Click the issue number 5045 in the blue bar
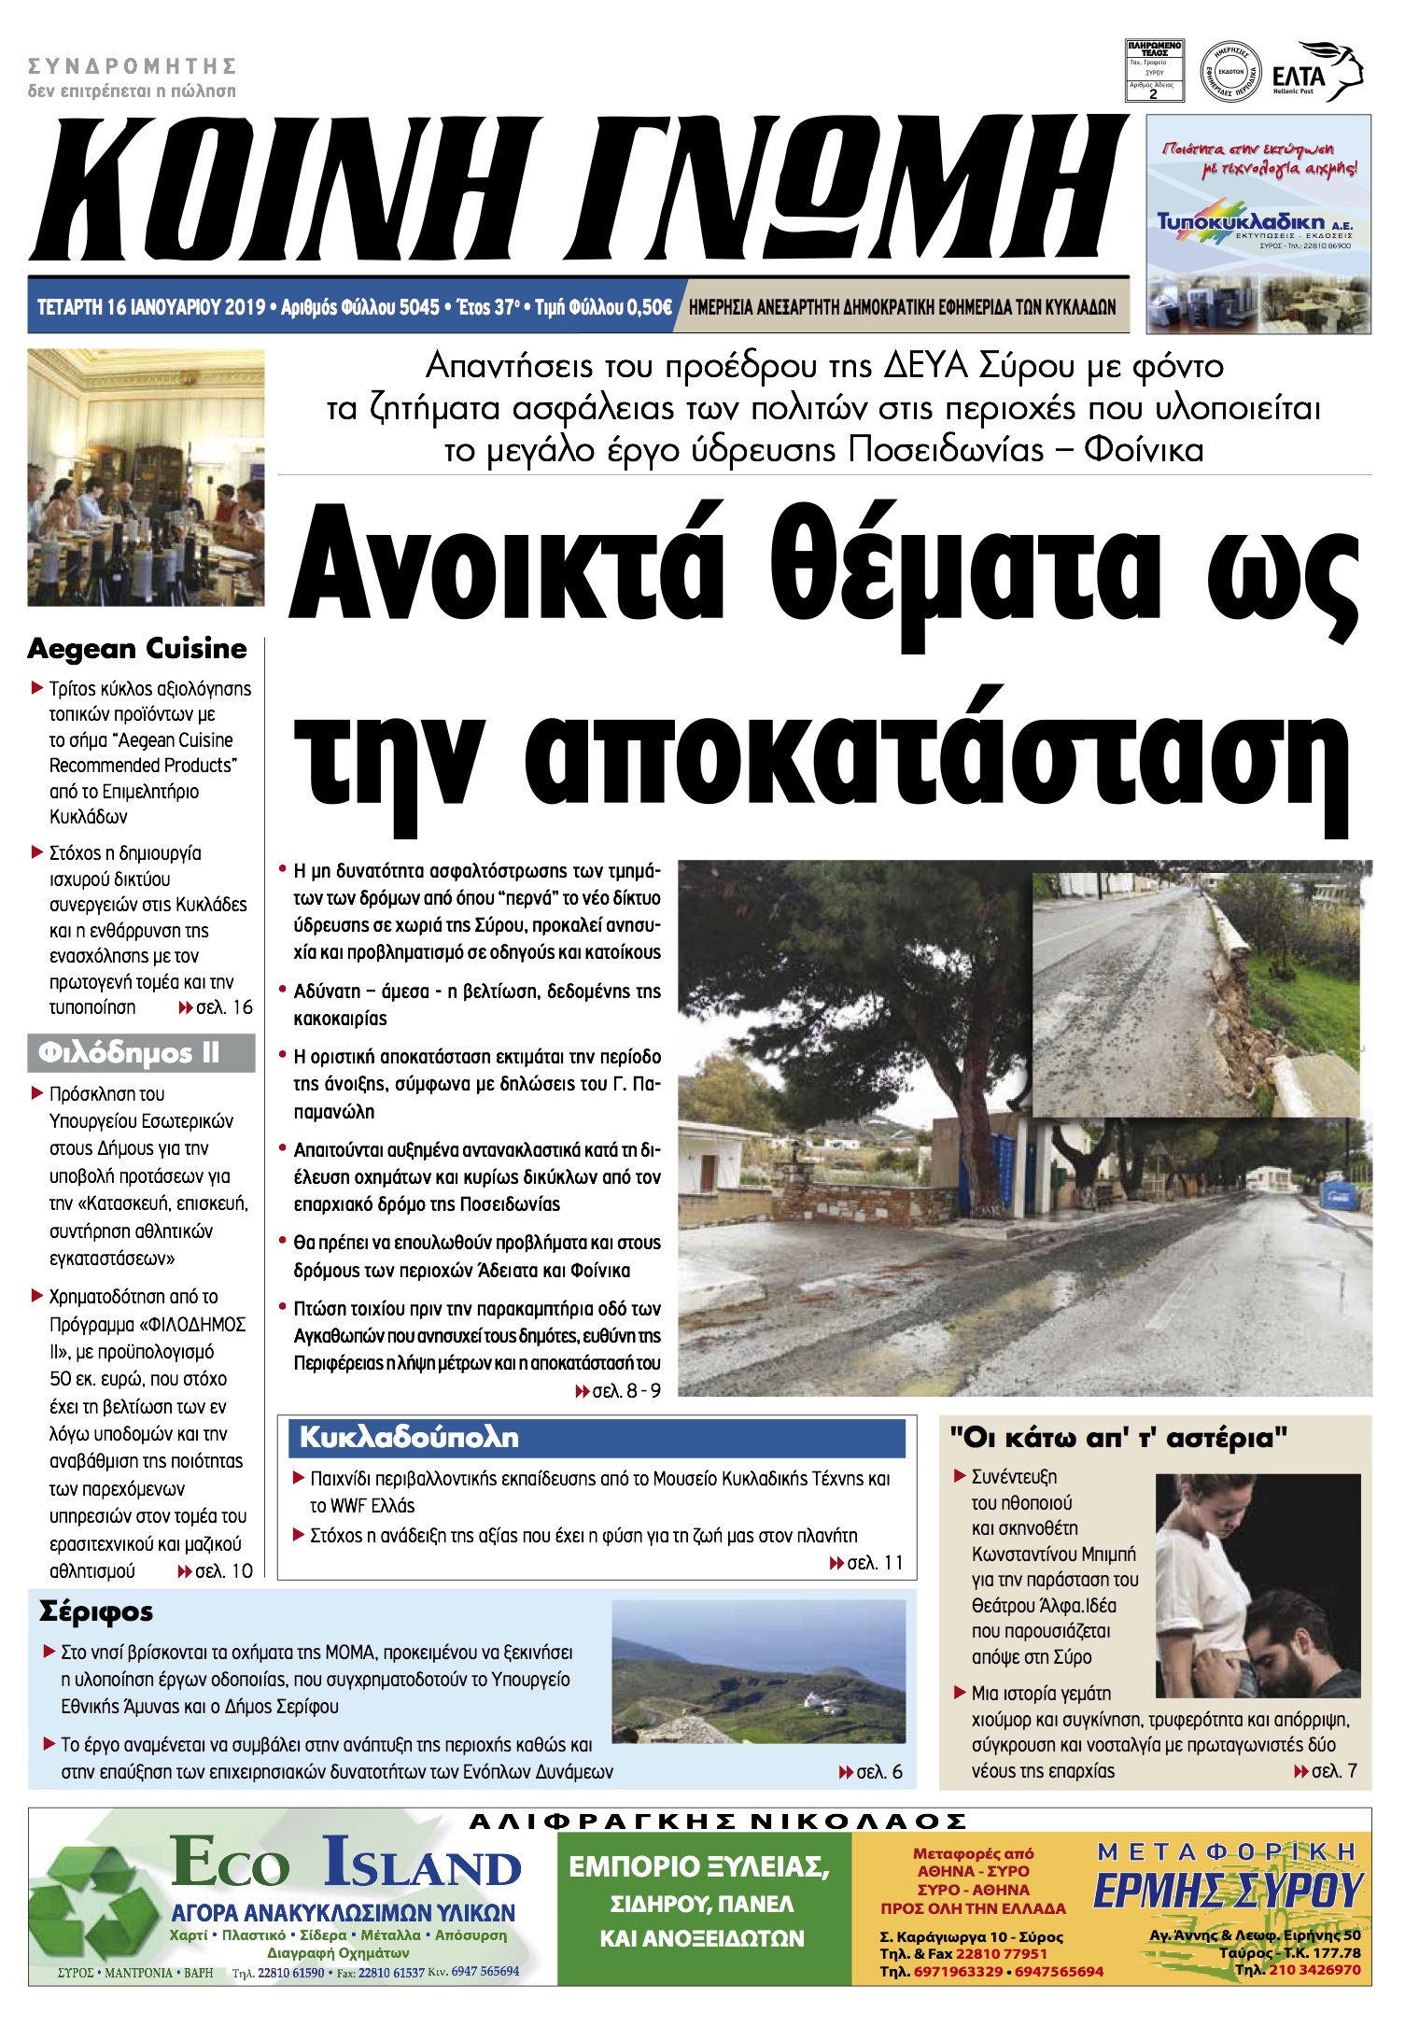[x=418, y=307]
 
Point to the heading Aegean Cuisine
[x=137, y=648]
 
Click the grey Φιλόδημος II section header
[x=140, y=1053]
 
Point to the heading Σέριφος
[x=96, y=1611]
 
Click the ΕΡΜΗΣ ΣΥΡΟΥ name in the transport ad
[x=1229, y=1889]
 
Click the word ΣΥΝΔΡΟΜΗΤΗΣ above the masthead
[x=132, y=66]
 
